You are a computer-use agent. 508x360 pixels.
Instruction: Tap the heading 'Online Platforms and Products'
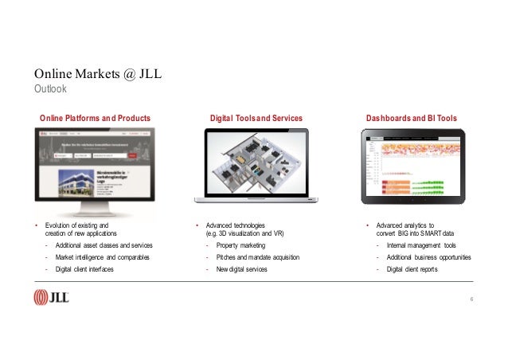click(96, 118)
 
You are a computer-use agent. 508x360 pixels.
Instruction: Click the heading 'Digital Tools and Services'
click(256, 118)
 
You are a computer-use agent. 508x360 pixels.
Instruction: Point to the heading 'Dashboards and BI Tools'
click(412, 118)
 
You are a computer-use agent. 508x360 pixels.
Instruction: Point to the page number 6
click(471, 299)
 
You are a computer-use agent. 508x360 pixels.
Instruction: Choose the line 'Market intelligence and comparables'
click(101, 257)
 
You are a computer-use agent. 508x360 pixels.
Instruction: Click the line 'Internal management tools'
click(421, 245)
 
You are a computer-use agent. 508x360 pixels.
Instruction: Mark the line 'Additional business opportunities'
click(428, 257)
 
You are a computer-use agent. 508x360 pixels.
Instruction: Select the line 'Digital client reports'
click(412, 269)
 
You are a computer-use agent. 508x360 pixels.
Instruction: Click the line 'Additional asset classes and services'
click(104, 245)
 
